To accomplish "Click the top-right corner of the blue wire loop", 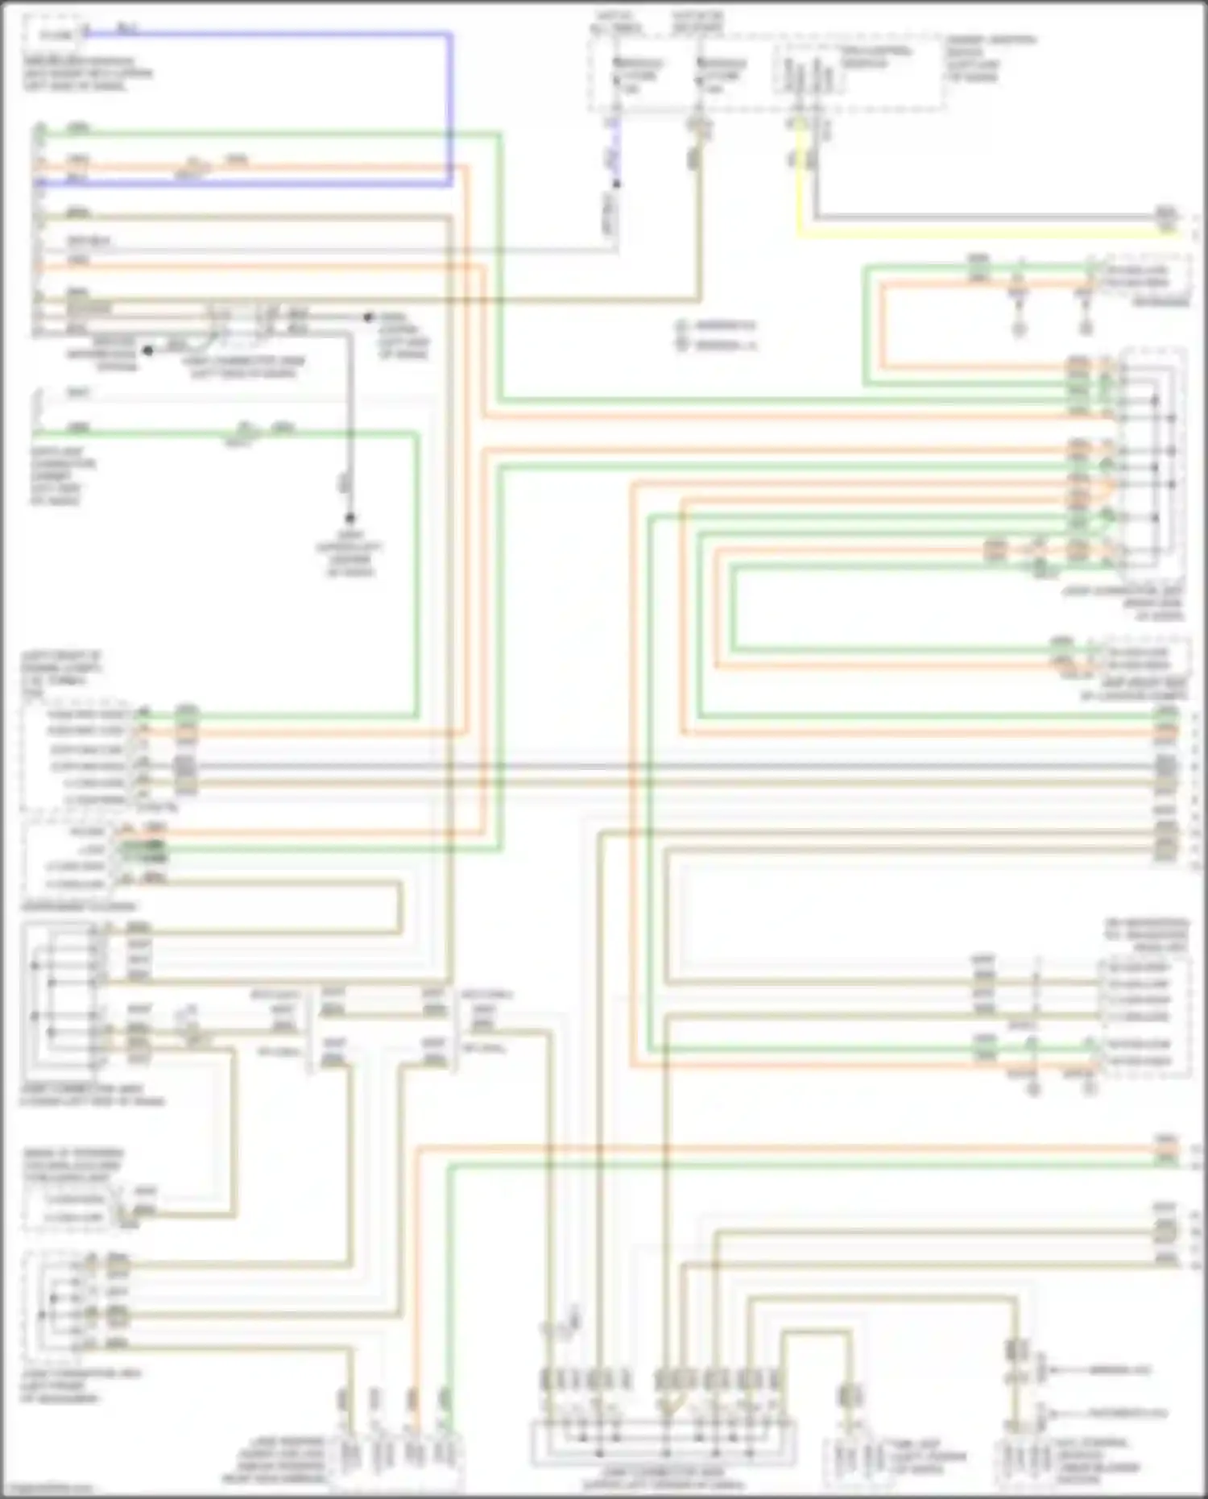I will click(449, 35).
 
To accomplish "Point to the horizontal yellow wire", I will click(966, 234).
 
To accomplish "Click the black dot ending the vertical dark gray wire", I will click(350, 518).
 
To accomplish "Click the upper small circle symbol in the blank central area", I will click(682, 326).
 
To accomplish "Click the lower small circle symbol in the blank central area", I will click(682, 345).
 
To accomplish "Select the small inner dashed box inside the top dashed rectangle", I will click(809, 68).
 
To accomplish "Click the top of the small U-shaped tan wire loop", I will click(815, 1333).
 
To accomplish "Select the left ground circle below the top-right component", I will click(1020, 329).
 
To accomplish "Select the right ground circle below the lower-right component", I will click(1090, 1089).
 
